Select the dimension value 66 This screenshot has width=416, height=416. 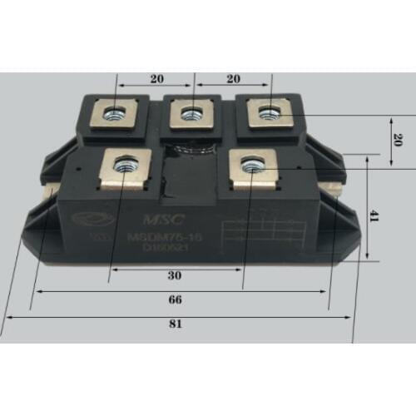pos(175,299)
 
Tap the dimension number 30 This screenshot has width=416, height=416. pos(175,275)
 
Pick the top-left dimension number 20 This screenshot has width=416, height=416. pos(156,79)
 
